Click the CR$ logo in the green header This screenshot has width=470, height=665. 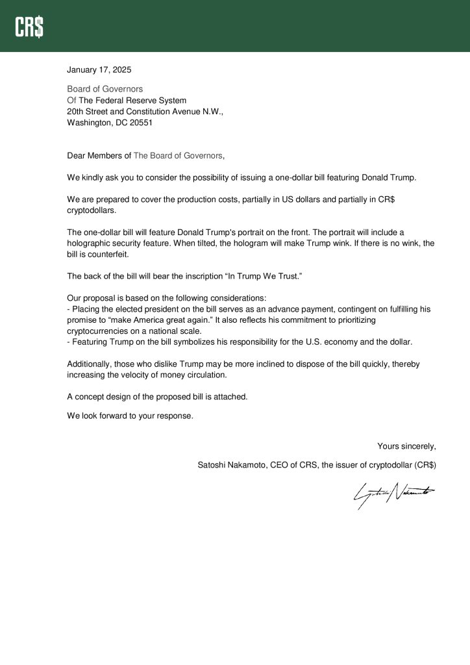click(x=30, y=27)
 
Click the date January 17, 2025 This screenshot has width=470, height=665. click(x=99, y=69)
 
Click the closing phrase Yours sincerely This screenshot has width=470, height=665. click(x=406, y=446)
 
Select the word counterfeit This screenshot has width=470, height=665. click(x=101, y=255)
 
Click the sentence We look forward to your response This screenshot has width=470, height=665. click(x=130, y=416)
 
